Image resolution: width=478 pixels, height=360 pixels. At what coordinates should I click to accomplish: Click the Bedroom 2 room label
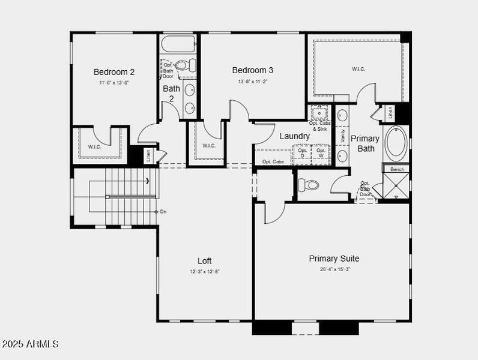[x=113, y=72]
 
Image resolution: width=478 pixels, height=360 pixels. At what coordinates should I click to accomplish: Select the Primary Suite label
[x=334, y=259]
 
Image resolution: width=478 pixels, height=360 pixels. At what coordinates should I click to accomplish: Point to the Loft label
[x=204, y=261]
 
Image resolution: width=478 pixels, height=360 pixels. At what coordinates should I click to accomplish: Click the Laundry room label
[x=294, y=136]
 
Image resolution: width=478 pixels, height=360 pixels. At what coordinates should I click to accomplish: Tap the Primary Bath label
[x=365, y=143]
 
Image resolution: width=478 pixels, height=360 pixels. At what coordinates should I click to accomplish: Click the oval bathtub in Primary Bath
[x=396, y=143]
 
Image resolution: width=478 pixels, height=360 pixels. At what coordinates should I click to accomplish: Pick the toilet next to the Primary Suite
[x=309, y=185]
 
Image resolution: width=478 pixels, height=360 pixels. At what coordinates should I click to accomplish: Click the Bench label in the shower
[x=397, y=169]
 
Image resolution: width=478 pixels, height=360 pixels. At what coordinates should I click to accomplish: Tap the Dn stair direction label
[x=163, y=212]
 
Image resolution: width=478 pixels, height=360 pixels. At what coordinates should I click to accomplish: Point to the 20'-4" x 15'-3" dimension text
[x=334, y=269]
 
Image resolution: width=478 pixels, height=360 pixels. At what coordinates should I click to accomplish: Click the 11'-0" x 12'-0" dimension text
[x=113, y=82]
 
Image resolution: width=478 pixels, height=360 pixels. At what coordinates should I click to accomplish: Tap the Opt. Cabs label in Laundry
[x=273, y=162]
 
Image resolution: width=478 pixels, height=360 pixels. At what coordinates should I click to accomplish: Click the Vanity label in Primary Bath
[x=342, y=136]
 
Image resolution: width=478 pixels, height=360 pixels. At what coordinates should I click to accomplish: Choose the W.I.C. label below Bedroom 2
[x=94, y=146]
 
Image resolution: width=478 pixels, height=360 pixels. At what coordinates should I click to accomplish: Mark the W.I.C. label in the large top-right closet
[x=358, y=69]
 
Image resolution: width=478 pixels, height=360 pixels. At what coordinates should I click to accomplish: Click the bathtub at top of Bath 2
[x=178, y=44]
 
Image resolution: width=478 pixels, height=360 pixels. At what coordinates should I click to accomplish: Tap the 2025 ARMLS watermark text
[x=31, y=344]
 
